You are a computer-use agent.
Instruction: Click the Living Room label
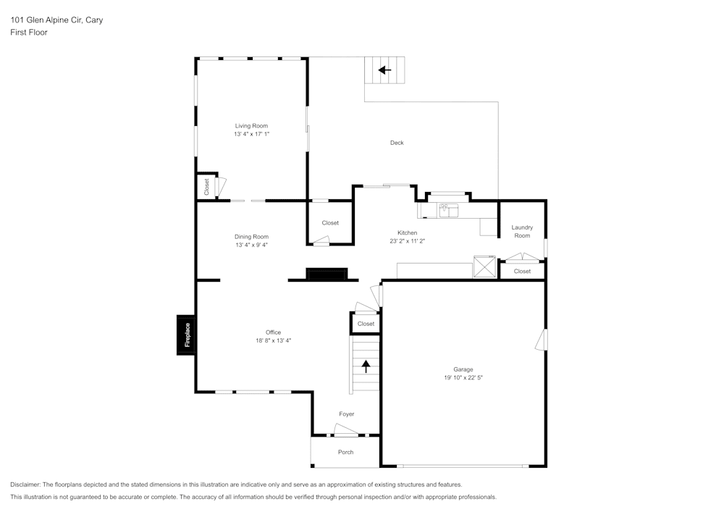[x=251, y=126]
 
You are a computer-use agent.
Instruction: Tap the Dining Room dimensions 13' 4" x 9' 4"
[x=251, y=245]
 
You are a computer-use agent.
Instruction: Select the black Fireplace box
[x=187, y=335]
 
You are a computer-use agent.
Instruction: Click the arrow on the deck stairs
[x=384, y=70]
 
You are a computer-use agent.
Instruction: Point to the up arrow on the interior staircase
[x=366, y=366]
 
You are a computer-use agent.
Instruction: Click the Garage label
[x=463, y=369]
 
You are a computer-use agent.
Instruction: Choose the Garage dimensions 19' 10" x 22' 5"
[x=463, y=377]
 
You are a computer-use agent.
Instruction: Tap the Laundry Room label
[x=522, y=231]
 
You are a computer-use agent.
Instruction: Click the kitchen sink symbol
[x=449, y=211]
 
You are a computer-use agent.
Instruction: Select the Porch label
[x=346, y=452]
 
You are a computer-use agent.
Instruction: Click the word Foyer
[x=347, y=414]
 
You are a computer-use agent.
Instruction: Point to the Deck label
[x=397, y=143]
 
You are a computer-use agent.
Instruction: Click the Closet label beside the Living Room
[x=206, y=187]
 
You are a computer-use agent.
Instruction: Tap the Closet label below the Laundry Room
[x=522, y=271]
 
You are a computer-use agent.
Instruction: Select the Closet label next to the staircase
[x=366, y=324]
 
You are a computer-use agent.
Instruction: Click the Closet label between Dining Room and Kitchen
[x=330, y=223]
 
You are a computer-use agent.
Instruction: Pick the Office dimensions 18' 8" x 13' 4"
[x=273, y=340]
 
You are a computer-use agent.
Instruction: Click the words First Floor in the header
[x=29, y=33]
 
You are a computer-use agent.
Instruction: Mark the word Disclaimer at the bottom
[x=25, y=484]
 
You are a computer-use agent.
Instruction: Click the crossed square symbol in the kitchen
[x=484, y=267]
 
